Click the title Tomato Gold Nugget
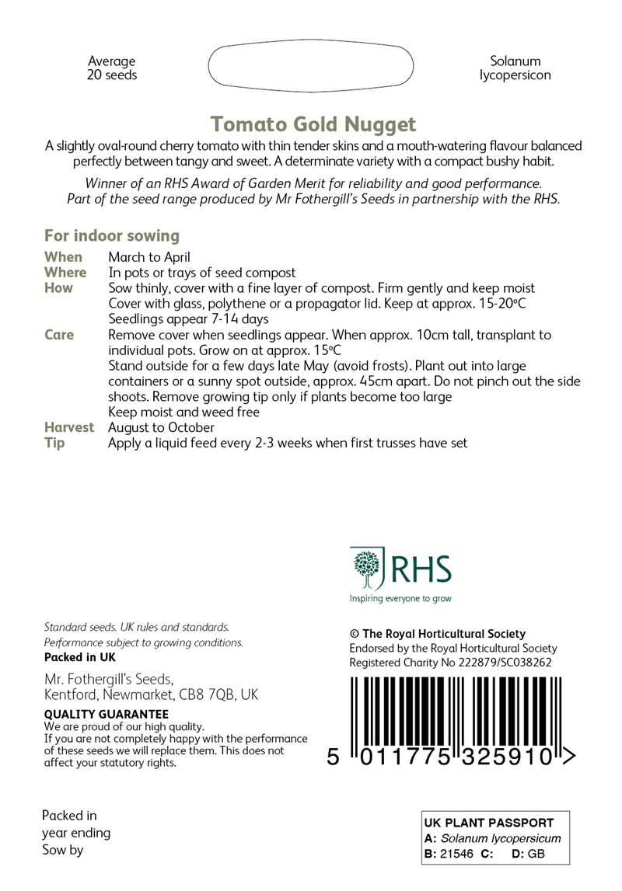click(314, 124)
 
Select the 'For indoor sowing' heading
click(112, 236)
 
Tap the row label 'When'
click(63, 257)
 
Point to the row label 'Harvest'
click(69, 428)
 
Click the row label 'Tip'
click(54, 444)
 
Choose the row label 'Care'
click(59, 335)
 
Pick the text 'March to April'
click(149, 257)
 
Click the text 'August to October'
click(161, 428)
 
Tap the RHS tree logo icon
click(366, 569)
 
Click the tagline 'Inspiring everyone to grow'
click(400, 599)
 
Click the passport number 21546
click(456, 854)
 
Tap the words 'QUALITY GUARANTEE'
click(107, 714)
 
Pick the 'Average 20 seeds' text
click(112, 68)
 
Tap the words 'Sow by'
click(62, 850)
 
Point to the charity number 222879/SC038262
click(505, 663)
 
